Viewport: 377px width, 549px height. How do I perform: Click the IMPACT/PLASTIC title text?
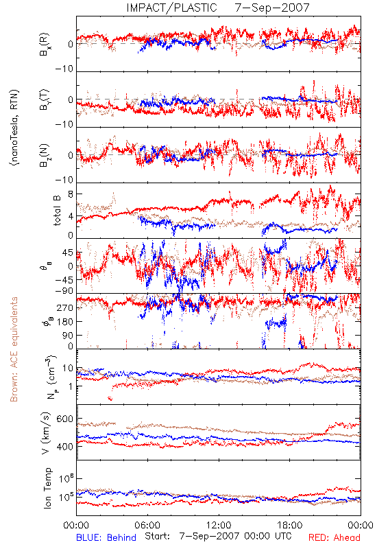tap(172, 8)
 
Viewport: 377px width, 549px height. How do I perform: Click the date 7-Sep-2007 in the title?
tap(272, 8)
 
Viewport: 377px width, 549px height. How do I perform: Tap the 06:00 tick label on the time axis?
tap(147, 525)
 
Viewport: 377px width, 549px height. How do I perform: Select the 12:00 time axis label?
tap(219, 525)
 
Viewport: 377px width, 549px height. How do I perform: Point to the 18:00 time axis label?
tap(290, 525)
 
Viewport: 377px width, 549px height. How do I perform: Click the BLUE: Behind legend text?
tap(106, 537)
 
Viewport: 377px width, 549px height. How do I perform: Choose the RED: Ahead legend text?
tap(335, 537)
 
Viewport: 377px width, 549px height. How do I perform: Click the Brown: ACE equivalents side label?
tap(14, 349)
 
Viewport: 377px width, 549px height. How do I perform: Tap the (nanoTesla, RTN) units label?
tap(14, 128)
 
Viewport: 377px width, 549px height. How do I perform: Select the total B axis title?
tap(57, 211)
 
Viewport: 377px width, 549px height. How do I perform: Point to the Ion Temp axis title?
tap(47, 488)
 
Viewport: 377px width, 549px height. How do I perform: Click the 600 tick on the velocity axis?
tap(65, 419)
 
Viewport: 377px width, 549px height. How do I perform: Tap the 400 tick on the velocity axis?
tap(65, 447)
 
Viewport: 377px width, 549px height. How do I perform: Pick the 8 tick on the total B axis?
tap(71, 195)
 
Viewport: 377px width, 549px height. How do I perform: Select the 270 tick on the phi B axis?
tap(65, 307)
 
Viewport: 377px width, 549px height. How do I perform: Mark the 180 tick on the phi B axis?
tap(65, 321)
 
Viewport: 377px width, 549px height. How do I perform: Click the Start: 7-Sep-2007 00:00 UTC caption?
tap(218, 537)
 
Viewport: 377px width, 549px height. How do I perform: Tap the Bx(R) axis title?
tap(45, 45)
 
